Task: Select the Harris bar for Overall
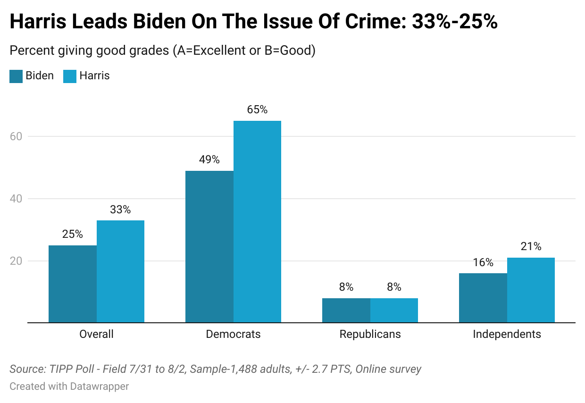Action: [120, 272]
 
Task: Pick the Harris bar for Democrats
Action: [257, 222]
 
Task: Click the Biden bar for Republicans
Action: [346, 311]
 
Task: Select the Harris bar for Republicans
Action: [394, 311]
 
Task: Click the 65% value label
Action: [257, 109]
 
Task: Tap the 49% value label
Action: [209, 160]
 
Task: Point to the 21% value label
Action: [531, 246]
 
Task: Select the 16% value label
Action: [483, 262]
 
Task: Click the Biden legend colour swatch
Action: [16, 76]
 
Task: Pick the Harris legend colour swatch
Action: [70, 76]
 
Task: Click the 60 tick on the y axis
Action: [16, 136]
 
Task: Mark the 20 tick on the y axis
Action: [16, 261]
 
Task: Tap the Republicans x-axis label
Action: [370, 334]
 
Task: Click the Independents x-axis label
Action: [507, 334]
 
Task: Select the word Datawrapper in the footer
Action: [100, 386]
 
